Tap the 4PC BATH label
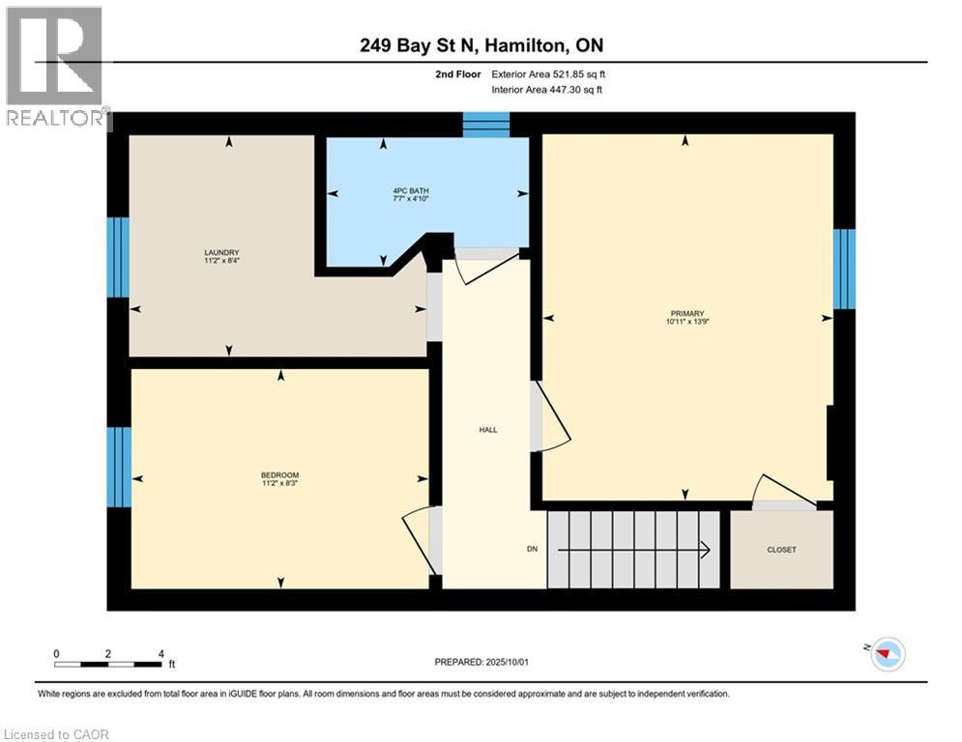coord(403,190)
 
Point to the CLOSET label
coord(781,550)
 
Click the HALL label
coord(488,430)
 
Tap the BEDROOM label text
coord(279,474)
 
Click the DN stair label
coord(532,550)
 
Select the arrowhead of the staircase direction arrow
coord(707,550)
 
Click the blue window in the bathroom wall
coord(485,124)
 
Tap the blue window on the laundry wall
coord(118,257)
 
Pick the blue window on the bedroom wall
coord(118,467)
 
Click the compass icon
coord(887,654)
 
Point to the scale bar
coord(108,663)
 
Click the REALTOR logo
coord(55,68)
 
